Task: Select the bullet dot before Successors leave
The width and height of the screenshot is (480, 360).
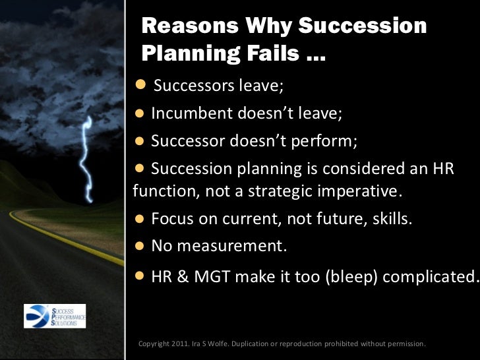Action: tap(140, 85)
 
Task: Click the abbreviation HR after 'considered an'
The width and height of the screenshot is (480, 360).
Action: tap(440, 169)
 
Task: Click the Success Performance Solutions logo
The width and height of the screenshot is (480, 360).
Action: tap(55, 316)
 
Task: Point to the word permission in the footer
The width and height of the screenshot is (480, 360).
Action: tap(403, 344)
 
